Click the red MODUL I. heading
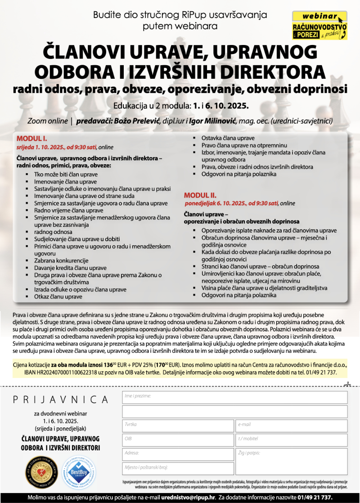[x=32, y=138]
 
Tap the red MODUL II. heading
[x=200, y=195]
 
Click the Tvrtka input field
[x=178, y=426]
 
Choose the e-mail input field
[x=291, y=426]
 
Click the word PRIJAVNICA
[x=61, y=400]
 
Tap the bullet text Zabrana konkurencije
[x=61, y=260]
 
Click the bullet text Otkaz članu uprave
[x=58, y=296]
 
